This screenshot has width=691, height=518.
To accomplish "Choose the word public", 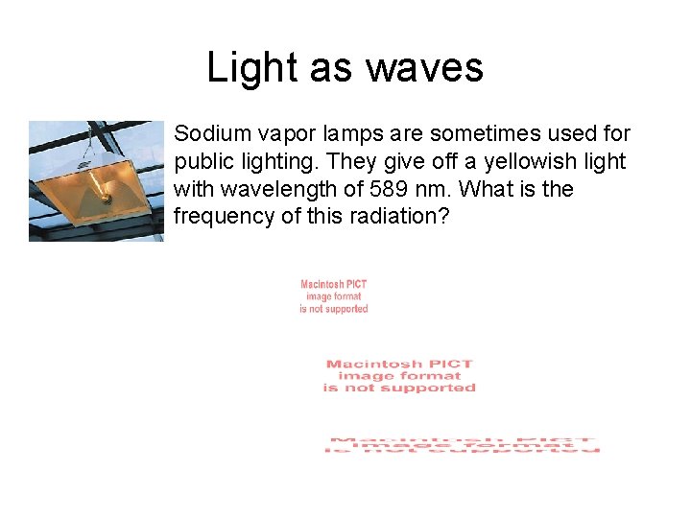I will (203, 162).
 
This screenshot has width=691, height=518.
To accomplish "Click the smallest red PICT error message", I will (334, 296).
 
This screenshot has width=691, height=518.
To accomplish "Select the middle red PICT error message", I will (399, 376).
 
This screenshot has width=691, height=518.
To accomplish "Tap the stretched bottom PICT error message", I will (465, 445).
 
